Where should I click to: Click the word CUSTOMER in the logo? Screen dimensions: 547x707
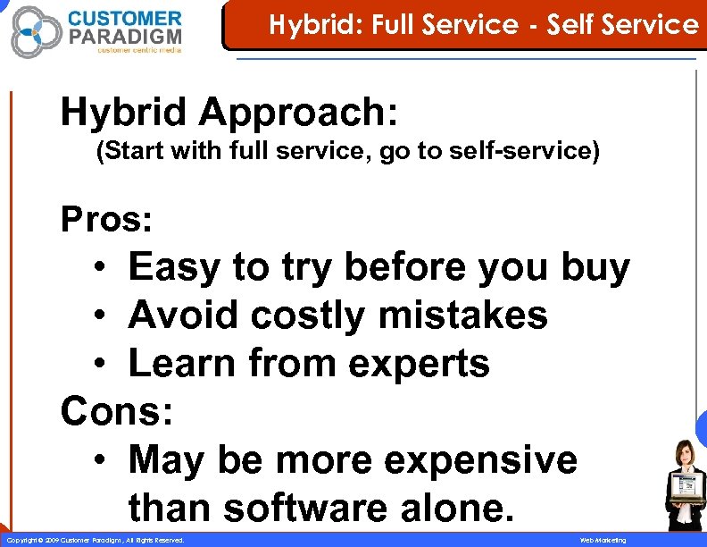(x=124, y=19)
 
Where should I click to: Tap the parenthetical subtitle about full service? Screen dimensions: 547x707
(x=347, y=151)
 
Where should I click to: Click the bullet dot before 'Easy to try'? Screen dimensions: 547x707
(x=104, y=268)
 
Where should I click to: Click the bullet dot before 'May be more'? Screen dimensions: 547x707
(x=104, y=461)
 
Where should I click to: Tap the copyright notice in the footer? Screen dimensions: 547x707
(x=96, y=541)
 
